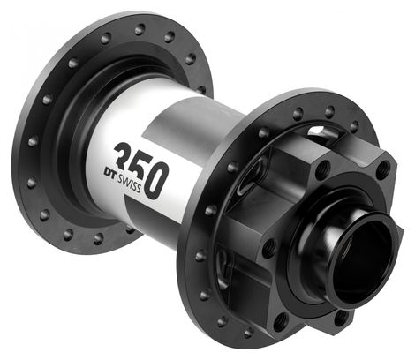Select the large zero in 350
[x=159, y=180]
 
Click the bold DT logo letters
[x=109, y=173]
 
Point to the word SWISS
[x=129, y=184]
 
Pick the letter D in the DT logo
[x=106, y=171]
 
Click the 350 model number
[x=142, y=170]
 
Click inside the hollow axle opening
[x=359, y=259]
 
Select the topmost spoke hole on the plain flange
[x=140, y=29]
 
